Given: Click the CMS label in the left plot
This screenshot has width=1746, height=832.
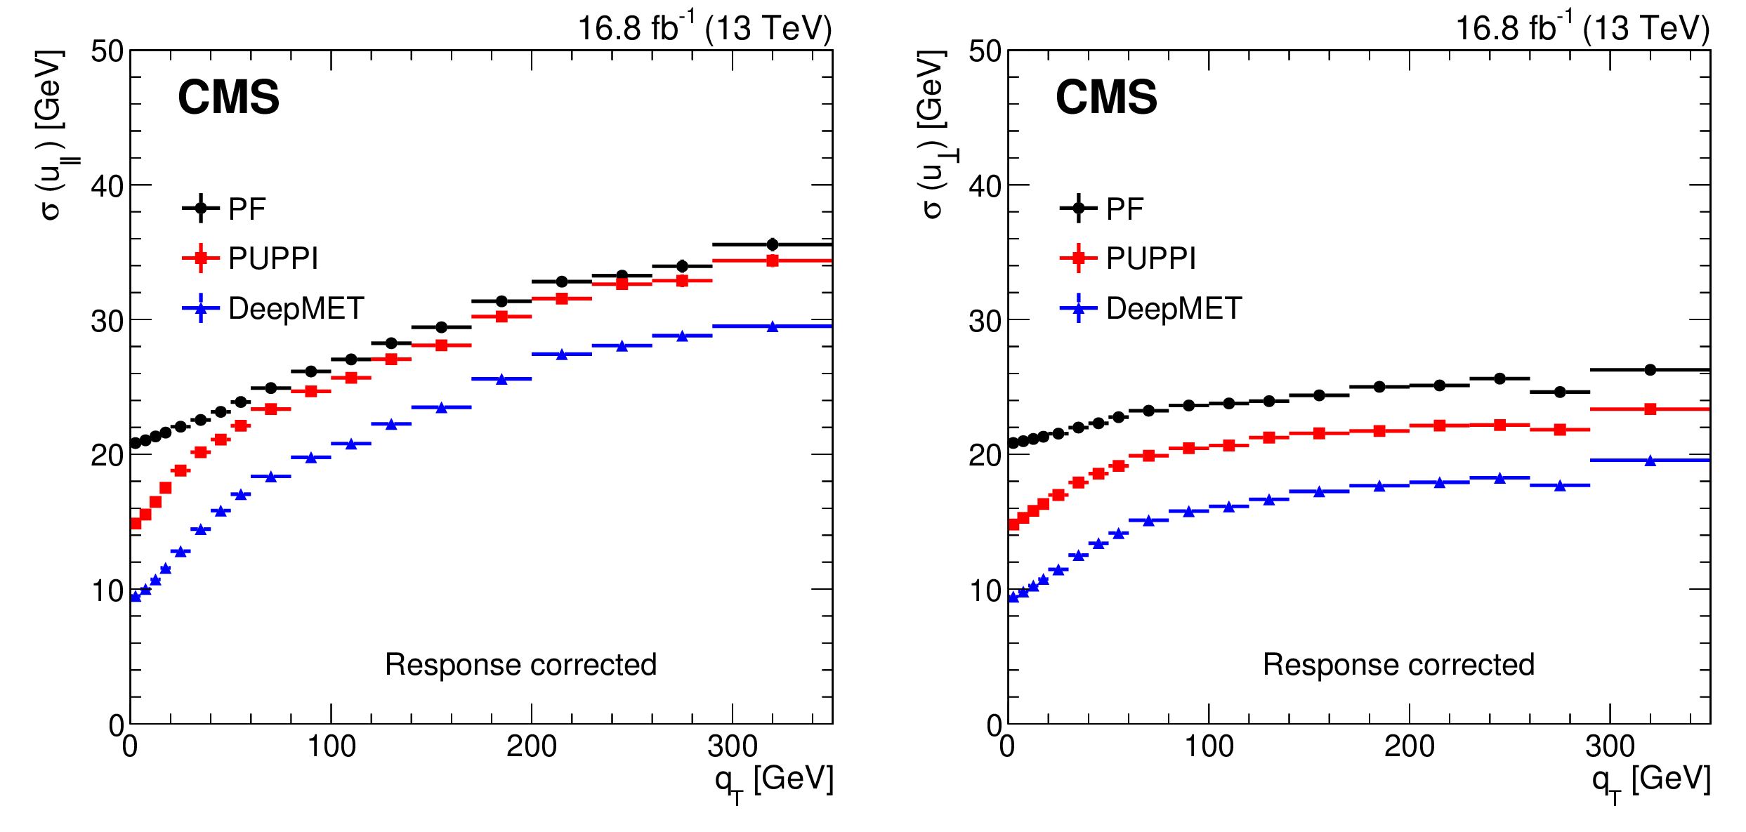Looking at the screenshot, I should pyautogui.click(x=228, y=97).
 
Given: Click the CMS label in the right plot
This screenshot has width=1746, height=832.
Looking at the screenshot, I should pyautogui.click(x=1106, y=97).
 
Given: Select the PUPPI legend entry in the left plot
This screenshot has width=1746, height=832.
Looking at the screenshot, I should pyautogui.click(x=273, y=258).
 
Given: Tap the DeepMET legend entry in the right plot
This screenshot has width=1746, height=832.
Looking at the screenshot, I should pyautogui.click(x=1174, y=308).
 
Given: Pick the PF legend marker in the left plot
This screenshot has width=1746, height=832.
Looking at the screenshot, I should pyautogui.click(x=201, y=208).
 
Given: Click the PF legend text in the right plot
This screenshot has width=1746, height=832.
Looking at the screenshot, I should pyautogui.click(x=1125, y=209).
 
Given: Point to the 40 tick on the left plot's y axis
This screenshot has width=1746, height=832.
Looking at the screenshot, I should pyautogui.click(x=107, y=186).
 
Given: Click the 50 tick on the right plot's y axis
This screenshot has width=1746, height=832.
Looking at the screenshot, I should pyautogui.click(x=985, y=51).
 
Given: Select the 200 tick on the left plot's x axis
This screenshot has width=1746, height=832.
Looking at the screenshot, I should pyautogui.click(x=532, y=746).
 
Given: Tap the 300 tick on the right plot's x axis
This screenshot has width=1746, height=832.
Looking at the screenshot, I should pyautogui.click(x=1610, y=746).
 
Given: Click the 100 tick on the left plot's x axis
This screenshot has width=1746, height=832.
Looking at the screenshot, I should pyautogui.click(x=331, y=746).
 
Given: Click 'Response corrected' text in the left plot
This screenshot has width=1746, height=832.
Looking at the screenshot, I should pyautogui.click(x=520, y=664).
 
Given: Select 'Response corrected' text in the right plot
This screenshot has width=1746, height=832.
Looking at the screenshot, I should pyautogui.click(x=1398, y=664).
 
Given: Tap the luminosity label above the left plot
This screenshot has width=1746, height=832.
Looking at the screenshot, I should pyautogui.click(x=704, y=28).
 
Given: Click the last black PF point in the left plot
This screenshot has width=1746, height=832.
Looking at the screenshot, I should pyautogui.click(x=773, y=244).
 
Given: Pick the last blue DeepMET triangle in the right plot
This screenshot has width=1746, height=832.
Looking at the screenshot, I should pyautogui.click(x=1650, y=461).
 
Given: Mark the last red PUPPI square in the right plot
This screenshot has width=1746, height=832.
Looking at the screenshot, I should pyautogui.click(x=1650, y=409).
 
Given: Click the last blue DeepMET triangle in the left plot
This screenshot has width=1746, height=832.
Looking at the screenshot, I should pyautogui.click(x=773, y=326).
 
